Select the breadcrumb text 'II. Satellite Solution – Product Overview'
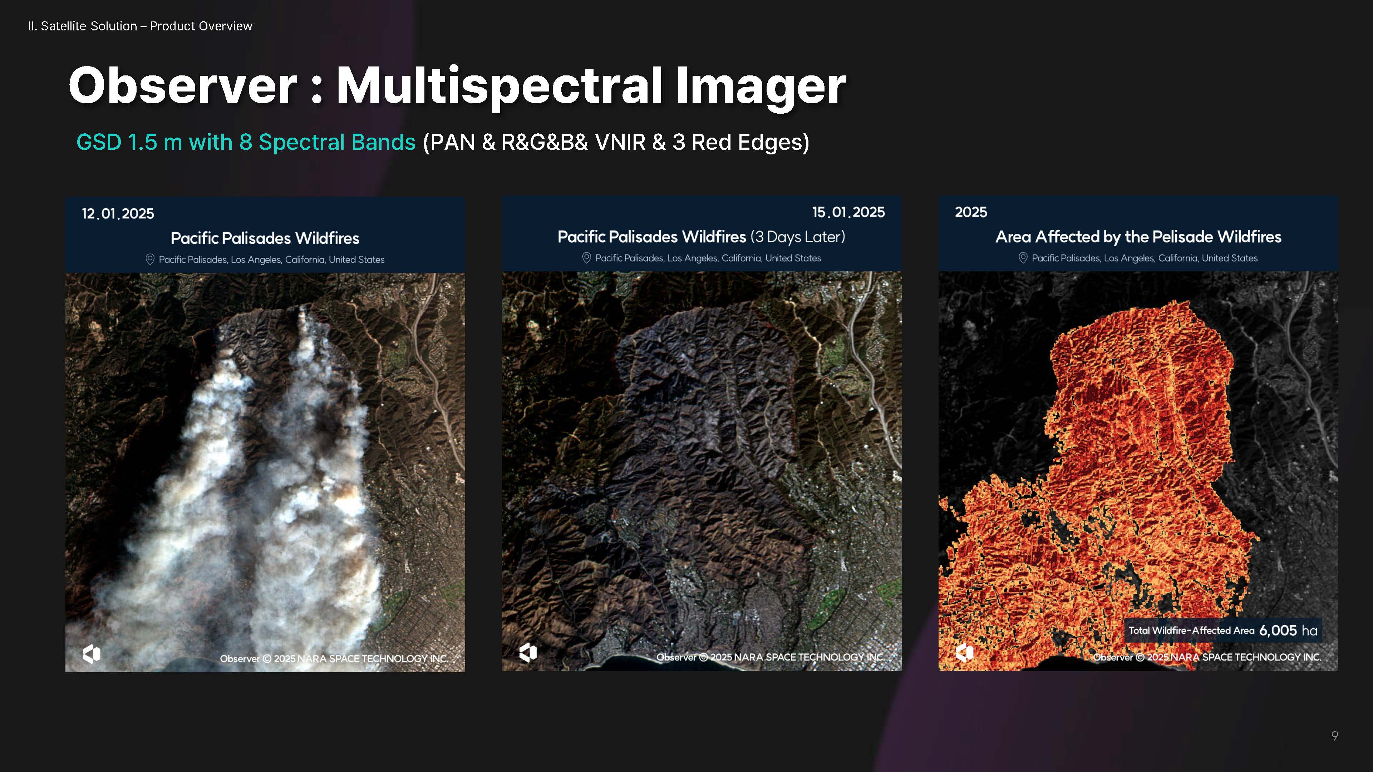[140, 26]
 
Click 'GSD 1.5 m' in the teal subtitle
[129, 142]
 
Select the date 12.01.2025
[118, 214]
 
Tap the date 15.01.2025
[848, 212]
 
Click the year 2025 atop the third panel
[971, 212]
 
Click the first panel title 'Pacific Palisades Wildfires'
[265, 238]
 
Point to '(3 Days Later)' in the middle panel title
[798, 237]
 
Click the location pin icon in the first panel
[150, 259]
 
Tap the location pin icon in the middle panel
[586, 258]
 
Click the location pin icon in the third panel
[1023, 258]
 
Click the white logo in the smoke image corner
[92, 654]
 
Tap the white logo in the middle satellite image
[528, 652]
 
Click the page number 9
[1335, 736]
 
